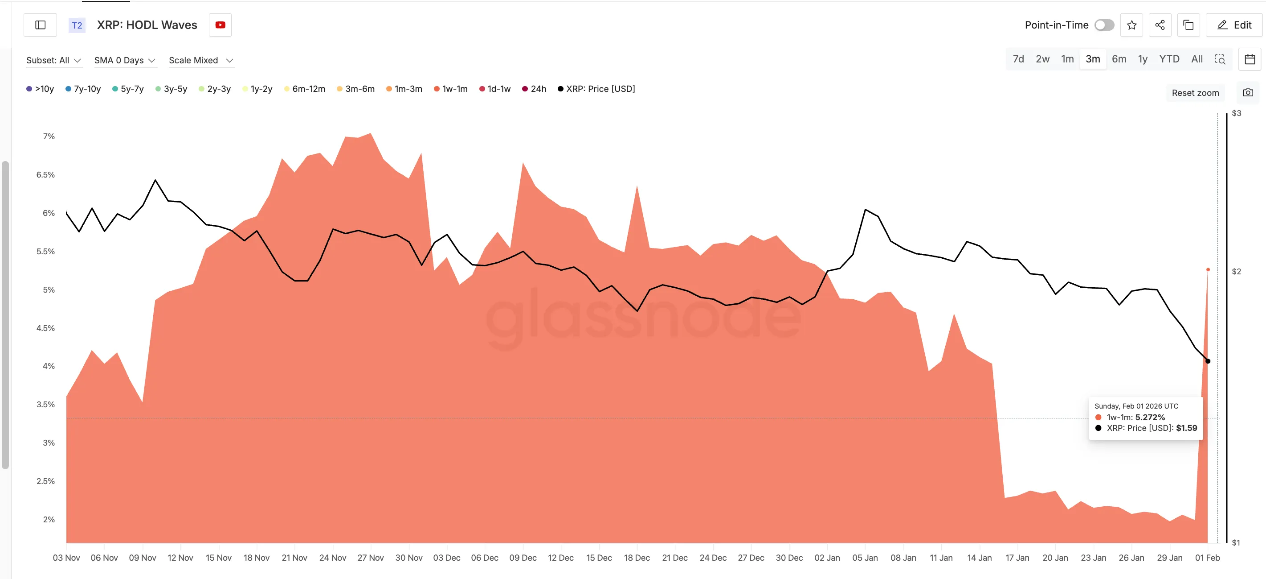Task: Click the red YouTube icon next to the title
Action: pyautogui.click(x=220, y=25)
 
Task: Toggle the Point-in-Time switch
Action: pyautogui.click(x=1104, y=25)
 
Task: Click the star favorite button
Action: pyautogui.click(x=1131, y=25)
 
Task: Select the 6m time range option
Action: pyautogui.click(x=1119, y=59)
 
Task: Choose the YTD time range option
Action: pyautogui.click(x=1169, y=59)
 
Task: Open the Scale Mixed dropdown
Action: pyautogui.click(x=200, y=60)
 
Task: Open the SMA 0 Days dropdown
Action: pyautogui.click(x=124, y=60)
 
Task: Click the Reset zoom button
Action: pyautogui.click(x=1195, y=93)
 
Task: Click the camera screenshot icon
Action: pyautogui.click(x=1248, y=92)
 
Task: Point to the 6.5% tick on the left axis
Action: pyautogui.click(x=46, y=174)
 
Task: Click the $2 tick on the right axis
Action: pyautogui.click(x=1236, y=272)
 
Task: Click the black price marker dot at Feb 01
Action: pyautogui.click(x=1208, y=361)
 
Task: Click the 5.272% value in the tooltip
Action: pyautogui.click(x=1150, y=417)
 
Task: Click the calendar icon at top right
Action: pyautogui.click(x=1250, y=59)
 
